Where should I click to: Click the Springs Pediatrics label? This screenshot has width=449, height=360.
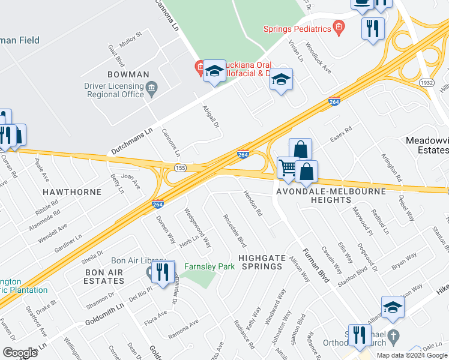298,28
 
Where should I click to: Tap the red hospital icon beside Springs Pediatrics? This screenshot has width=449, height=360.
339,26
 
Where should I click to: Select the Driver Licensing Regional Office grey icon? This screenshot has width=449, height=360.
151,89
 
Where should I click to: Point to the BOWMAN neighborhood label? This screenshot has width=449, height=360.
128,74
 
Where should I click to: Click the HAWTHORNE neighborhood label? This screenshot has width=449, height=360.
71,191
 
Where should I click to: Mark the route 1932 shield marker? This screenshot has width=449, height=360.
427,82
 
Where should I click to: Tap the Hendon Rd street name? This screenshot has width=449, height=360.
253,203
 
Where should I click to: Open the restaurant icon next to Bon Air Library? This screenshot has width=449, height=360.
163,272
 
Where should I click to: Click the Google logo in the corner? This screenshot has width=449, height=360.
20,353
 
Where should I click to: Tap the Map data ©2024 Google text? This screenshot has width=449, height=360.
412,355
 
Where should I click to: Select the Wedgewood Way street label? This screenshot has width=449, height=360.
197,228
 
